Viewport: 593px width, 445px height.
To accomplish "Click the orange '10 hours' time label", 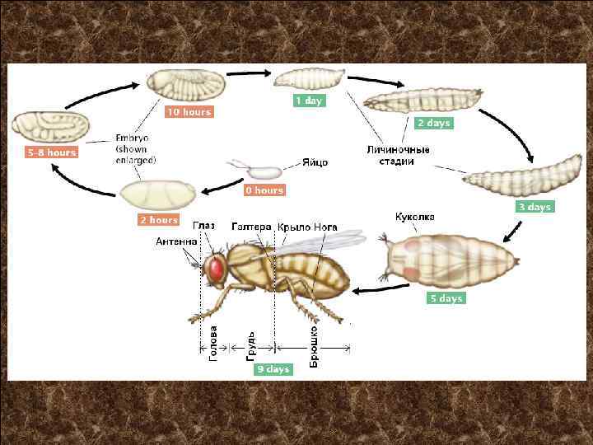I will point(189,112).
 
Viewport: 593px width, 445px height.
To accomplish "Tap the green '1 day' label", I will point(309,101).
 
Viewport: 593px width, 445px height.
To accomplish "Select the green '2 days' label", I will point(433,124).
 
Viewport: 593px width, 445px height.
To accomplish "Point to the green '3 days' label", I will point(535,207).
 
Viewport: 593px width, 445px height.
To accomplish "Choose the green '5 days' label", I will point(446,298).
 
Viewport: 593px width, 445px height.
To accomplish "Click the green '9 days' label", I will point(273,369).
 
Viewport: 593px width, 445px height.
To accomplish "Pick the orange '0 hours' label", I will point(264,190).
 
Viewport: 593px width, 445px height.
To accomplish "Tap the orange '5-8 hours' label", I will point(51,152).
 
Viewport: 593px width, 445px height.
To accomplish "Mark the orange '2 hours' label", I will point(158,220).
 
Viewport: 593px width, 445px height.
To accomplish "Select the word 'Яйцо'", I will point(315,162).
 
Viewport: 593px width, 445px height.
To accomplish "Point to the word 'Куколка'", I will point(415,217).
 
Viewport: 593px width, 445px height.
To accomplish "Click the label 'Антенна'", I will point(177,241).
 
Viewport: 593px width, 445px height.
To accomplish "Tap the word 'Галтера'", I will point(251,226).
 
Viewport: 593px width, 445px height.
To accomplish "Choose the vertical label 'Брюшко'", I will point(314,347).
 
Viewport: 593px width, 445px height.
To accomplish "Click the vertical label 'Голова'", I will point(214,341).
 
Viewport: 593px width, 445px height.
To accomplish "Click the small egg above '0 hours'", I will point(264,173).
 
